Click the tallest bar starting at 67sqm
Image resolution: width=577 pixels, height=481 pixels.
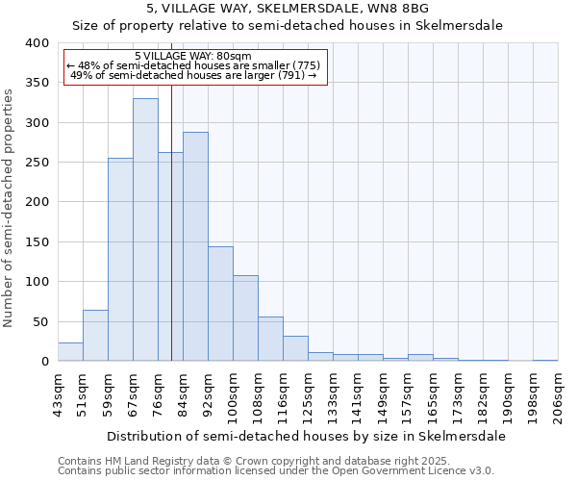[x=145, y=230]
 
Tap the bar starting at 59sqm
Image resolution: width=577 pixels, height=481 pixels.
[x=120, y=260]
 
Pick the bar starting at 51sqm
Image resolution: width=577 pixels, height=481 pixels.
[x=95, y=336]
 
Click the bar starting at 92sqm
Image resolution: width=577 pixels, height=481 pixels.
[x=220, y=304]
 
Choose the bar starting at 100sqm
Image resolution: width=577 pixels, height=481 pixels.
[x=245, y=318]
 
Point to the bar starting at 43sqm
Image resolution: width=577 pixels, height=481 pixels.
[x=70, y=352]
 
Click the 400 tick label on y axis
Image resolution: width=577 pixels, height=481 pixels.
[x=37, y=43]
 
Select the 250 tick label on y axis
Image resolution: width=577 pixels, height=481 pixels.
[x=37, y=163]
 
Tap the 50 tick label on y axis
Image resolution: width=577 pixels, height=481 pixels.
[x=40, y=321]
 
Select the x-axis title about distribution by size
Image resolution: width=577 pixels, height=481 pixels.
[x=306, y=436]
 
